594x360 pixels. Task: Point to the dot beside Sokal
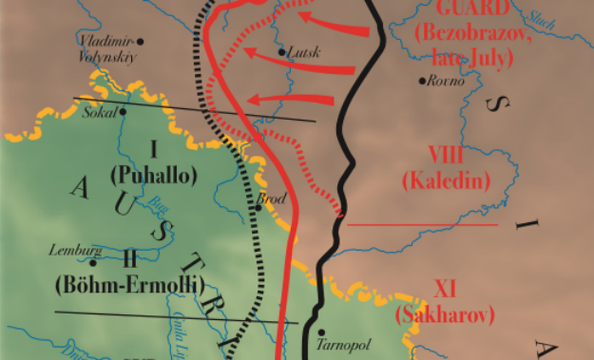click(123, 111)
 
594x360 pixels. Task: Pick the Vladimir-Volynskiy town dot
click(140, 42)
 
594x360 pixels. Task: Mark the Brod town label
click(274, 200)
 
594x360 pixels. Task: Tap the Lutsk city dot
click(281, 51)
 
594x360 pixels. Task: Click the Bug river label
click(154, 202)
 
